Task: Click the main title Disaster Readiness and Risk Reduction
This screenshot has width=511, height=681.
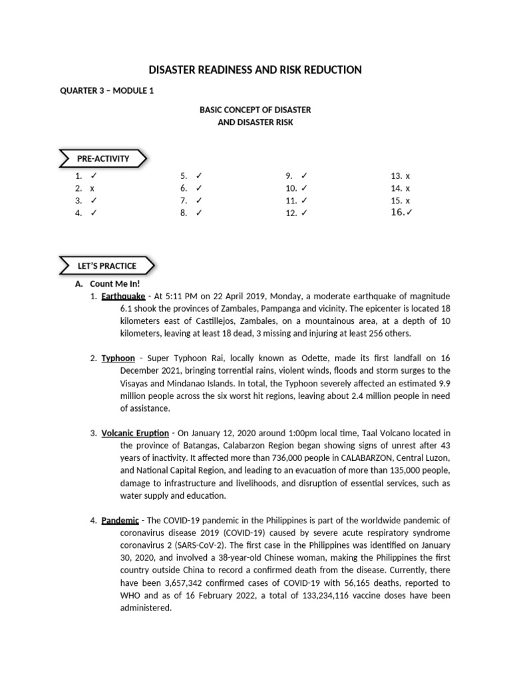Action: tap(255, 70)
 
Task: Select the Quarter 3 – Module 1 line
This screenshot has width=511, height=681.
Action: tap(107, 91)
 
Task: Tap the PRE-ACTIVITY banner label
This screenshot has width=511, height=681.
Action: tap(102, 159)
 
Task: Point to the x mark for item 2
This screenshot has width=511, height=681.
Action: tap(92, 188)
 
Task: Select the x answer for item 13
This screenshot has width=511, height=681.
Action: tap(408, 176)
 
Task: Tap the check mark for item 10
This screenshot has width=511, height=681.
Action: tap(304, 188)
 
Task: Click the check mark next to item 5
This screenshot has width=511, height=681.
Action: tap(198, 176)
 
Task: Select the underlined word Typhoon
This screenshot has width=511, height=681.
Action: tap(118, 358)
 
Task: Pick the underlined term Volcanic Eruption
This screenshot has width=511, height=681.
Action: tap(134, 433)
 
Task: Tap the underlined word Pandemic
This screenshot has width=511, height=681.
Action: tap(120, 520)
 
